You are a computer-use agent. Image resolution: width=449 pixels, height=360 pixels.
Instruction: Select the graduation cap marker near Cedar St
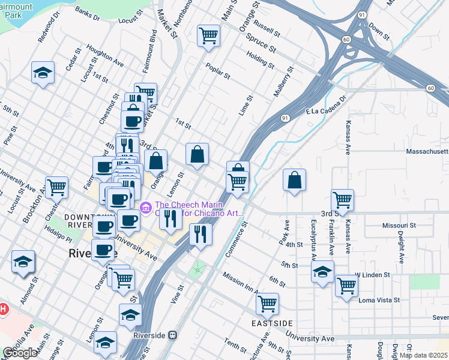(43, 73)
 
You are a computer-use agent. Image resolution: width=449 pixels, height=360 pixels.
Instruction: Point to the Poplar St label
(218, 71)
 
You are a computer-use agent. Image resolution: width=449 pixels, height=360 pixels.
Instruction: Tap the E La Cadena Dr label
(327, 106)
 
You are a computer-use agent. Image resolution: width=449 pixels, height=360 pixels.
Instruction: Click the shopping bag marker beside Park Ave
(294, 180)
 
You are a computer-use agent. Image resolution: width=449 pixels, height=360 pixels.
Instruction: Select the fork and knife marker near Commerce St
(200, 234)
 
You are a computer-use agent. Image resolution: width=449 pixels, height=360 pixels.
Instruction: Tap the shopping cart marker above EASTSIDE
(267, 303)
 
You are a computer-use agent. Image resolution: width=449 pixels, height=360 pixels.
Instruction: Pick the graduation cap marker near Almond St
(23, 262)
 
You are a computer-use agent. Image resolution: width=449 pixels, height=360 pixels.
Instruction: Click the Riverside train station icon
(173, 335)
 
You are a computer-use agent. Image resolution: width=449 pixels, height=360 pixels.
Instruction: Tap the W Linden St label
(372, 275)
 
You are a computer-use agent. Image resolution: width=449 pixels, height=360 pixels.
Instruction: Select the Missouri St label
(399, 225)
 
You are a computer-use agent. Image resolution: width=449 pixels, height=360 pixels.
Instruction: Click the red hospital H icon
(2, 310)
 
